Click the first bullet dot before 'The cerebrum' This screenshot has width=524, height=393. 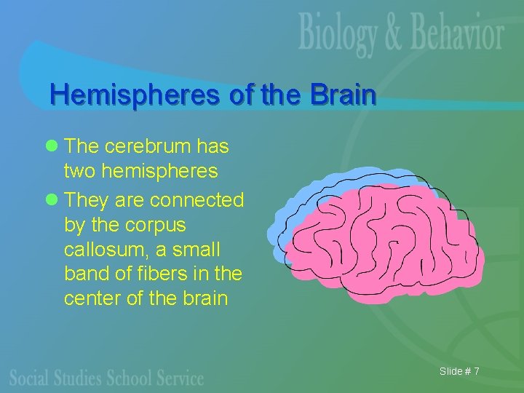[x=51, y=147]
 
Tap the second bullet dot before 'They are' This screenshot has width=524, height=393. [x=51, y=199]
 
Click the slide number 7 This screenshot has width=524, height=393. [x=475, y=372]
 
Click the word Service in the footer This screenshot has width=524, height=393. [x=178, y=378]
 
